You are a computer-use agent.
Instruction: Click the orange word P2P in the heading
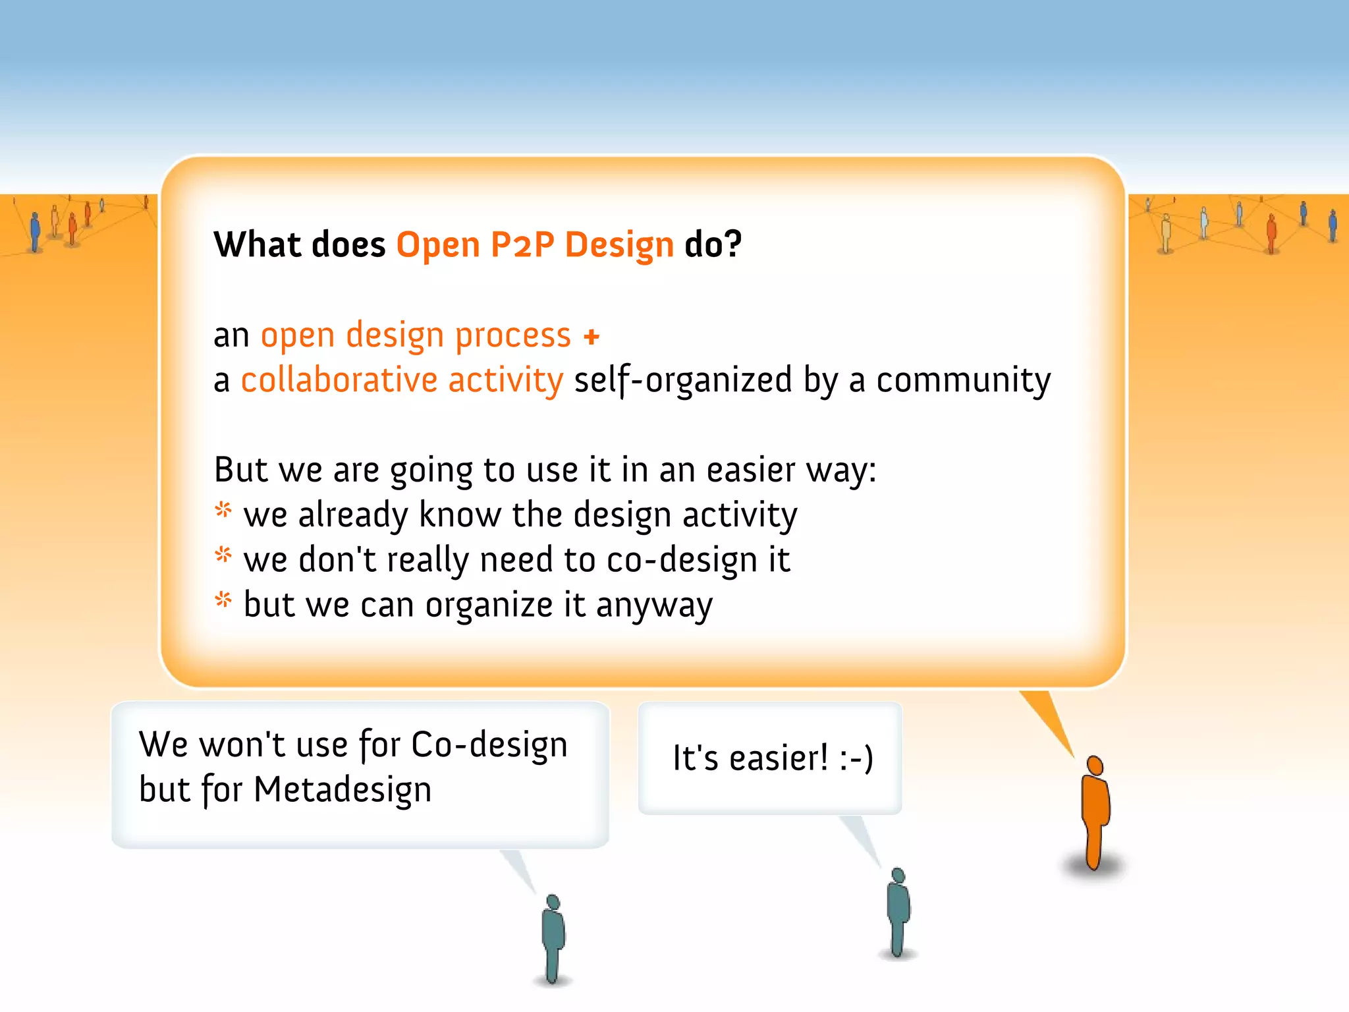[522, 245]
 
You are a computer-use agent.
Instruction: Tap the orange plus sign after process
[592, 337]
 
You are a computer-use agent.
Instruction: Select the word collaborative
[339, 380]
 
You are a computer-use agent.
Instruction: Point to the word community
[963, 381]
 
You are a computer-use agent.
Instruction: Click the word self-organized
[683, 381]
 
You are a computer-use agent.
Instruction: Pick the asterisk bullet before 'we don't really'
[224, 555]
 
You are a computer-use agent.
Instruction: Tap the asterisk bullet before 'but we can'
[224, 600]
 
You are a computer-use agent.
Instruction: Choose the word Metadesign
[343, 790]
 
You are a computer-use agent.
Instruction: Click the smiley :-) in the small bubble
[856, 758]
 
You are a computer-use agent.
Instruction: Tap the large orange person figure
[1095, 814]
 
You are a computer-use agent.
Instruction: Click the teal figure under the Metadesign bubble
[553, 939]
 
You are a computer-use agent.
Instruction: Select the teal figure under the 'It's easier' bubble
[898, 913]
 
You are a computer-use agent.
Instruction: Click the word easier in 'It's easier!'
[779, 758]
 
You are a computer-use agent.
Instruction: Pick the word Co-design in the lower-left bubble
[489, 745]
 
